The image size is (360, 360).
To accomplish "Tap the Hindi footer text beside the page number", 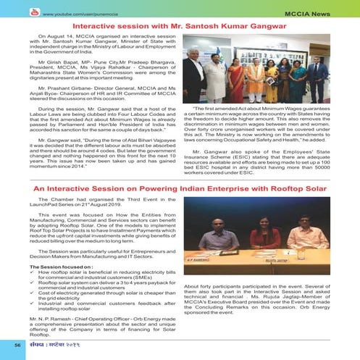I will click(x=63, y=344).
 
